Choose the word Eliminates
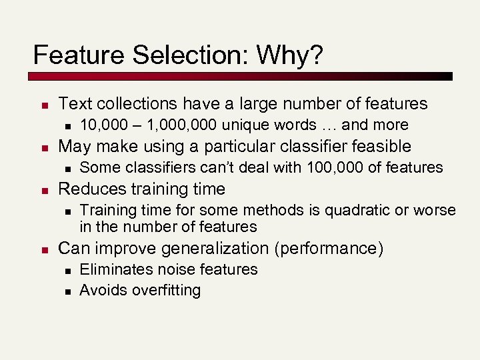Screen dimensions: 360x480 point(115,269)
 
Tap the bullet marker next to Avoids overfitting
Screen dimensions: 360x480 point(67,291)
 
